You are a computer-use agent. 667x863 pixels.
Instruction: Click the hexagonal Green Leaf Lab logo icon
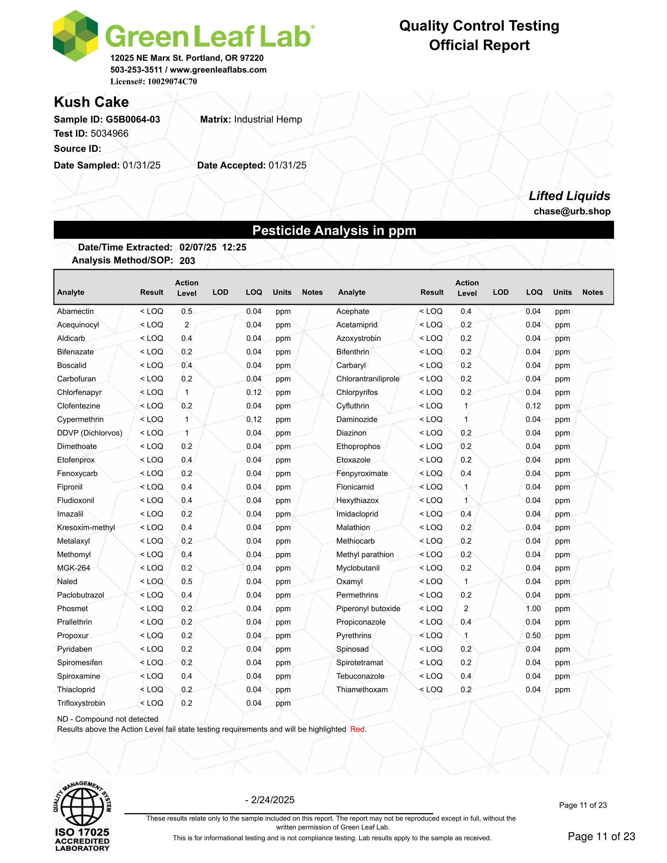tap(75, 36)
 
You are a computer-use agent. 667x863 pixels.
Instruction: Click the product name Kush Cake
tap(91, 102)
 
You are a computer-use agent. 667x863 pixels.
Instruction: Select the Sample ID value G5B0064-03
tap(133, 119)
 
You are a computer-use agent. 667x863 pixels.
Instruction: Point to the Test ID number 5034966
tap(109, 133)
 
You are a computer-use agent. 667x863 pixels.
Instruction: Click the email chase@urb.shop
tap(572, 211)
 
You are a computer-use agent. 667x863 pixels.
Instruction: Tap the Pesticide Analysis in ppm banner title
tap(334, 230)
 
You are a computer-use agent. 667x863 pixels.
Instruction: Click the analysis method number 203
tap(187, 261)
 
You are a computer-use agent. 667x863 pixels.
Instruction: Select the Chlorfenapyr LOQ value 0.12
tap(254, 392)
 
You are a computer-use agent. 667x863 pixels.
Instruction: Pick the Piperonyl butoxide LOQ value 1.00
tap(533, 608)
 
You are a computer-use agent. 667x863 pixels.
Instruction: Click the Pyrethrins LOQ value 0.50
tap(533, 635)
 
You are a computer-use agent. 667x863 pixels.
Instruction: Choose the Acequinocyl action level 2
tap(186, 325)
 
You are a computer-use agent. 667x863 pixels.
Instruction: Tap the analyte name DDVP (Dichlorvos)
tap(90, 433)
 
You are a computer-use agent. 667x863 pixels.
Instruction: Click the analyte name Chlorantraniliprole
tap(368, 379)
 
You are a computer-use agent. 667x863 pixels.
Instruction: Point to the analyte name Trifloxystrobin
tap(81, 703)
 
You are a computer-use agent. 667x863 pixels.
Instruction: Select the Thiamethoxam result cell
tap(431, 690)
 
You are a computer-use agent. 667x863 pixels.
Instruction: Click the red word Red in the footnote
tap(357, 729)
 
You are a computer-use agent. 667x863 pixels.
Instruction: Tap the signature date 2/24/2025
tap(272, 800)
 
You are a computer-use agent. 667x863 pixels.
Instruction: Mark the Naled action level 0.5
tap(186, 582)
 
